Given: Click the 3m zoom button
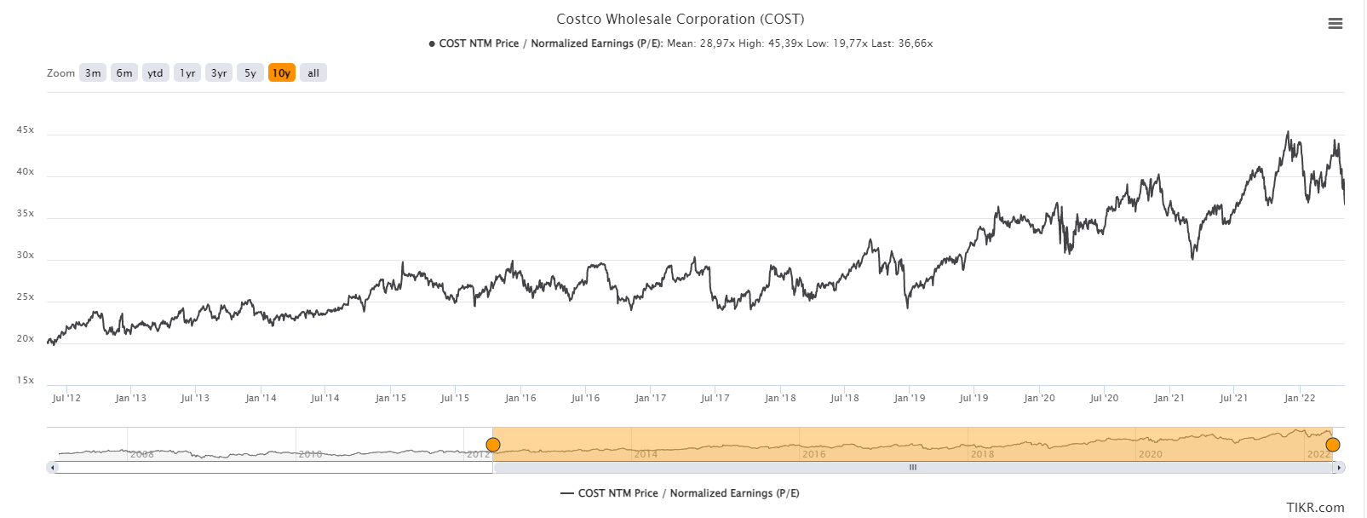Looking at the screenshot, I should (93, 73).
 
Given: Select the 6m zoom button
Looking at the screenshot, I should (124, 73).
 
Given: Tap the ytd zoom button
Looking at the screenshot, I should (155, 73).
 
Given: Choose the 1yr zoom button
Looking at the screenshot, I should (187, 73).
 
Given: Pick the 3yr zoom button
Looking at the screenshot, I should (219, 73).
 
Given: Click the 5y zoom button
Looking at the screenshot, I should (250, 73).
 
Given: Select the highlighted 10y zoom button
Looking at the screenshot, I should (282, 73).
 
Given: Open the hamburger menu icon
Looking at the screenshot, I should (1335, 24).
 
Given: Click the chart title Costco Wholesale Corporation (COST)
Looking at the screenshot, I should (680, 19).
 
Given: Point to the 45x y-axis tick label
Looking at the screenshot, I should (25, 130).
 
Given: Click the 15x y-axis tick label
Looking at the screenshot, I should (25, 381).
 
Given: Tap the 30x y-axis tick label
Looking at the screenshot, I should (25, 256).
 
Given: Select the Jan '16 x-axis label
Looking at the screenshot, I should (520, 398).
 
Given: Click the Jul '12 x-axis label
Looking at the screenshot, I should (66, 398).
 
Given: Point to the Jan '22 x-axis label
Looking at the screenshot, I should (1300, 398).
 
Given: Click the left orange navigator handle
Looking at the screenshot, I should (493, 445).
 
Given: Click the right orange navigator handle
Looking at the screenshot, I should (1333, 445).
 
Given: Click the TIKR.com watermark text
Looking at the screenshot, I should (1315, 508).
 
